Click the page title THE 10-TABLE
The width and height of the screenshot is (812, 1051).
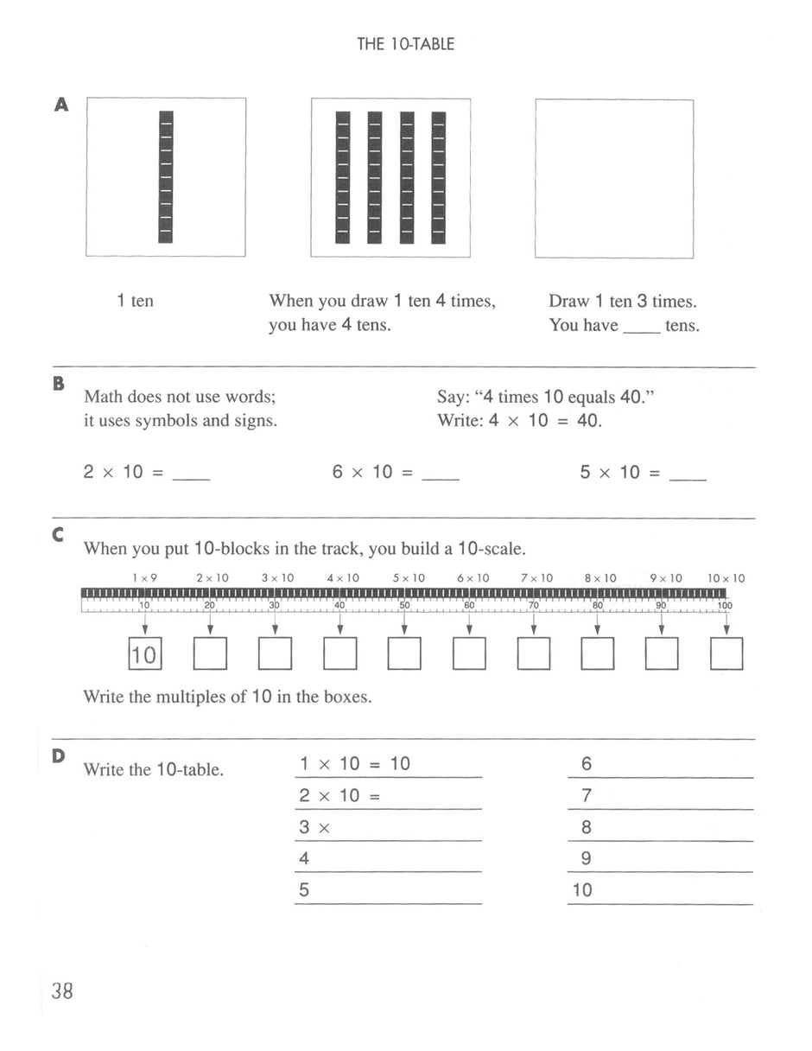(405, 44)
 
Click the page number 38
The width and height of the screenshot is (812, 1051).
(62, 990)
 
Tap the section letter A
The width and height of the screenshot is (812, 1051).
(60, 105)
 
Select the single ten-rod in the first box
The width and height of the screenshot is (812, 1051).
(166, 176)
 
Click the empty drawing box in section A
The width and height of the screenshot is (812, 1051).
(614, 178)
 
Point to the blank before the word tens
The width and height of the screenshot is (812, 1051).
(640, 328)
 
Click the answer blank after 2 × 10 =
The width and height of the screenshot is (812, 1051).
(191, 476)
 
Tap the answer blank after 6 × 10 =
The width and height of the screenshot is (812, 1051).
(441, 476)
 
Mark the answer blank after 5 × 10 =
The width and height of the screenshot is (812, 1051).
(688, 476)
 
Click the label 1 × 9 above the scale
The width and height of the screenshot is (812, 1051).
(144, 578)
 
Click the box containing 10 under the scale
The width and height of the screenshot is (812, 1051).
(145, 653)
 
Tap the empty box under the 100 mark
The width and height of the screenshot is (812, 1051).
(726, 653)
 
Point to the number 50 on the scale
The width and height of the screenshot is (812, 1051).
(403, 606)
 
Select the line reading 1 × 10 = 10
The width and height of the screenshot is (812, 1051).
(355, 764)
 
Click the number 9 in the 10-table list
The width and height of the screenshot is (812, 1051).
(587, 859)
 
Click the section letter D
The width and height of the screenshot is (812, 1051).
(59, 756)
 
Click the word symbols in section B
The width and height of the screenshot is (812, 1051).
(167, 421)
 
